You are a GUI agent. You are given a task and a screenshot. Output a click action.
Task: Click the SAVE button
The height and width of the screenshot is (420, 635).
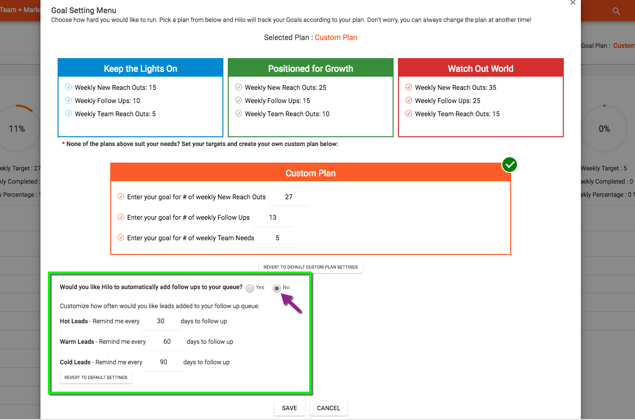click(289, 408)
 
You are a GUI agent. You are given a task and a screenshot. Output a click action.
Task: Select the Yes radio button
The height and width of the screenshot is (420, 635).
click(250, 288)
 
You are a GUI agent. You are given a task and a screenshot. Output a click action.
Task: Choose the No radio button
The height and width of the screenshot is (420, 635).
click(277, 288)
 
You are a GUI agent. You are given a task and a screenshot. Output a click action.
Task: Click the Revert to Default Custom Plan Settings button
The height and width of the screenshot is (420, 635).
click(310, 267)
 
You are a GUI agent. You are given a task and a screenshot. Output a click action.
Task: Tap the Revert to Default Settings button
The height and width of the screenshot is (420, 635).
click(96, 378)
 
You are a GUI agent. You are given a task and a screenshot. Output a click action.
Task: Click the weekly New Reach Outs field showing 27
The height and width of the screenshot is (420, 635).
click(289, 197)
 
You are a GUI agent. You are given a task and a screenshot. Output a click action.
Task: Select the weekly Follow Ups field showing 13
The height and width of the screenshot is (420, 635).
click(273, 218)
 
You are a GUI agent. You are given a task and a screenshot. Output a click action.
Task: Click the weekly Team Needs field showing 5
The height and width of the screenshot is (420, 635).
click(277, 238)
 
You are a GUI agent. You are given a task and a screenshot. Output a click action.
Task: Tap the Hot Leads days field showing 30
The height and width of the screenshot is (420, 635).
click(161, 321)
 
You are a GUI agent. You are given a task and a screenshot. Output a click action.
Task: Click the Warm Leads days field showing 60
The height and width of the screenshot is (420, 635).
click(167, 342)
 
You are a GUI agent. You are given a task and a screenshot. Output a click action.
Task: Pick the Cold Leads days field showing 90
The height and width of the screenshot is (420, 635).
click(163, 362)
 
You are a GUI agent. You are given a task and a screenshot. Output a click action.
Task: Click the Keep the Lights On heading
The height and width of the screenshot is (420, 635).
click(140, 69)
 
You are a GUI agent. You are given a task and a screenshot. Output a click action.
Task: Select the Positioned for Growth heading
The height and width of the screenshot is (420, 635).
click(310, 69)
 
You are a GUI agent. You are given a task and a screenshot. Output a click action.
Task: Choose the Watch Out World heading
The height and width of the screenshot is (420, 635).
click(480, 69)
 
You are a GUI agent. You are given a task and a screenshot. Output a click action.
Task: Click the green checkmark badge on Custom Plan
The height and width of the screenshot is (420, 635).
click(510, 165)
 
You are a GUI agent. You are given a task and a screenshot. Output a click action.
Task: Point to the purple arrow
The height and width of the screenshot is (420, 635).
click(291, 303)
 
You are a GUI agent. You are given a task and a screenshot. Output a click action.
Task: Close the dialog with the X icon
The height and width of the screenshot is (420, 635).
click(573, 2)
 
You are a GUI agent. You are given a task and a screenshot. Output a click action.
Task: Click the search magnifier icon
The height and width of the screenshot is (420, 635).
click(616, 11)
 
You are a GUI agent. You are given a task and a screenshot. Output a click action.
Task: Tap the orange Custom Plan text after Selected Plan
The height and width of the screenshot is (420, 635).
click(336, 38)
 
